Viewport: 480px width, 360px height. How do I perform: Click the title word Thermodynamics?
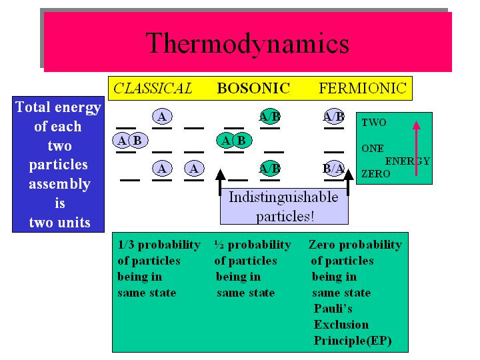pos(247,43)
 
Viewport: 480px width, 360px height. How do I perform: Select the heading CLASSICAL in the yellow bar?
pos(153,88)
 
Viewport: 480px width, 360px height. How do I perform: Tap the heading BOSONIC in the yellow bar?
pos(253,88)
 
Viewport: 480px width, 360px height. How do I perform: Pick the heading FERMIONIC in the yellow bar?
pos(363,88)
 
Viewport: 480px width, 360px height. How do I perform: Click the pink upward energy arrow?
pos(416,149)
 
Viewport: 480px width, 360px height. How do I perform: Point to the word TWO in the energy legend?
pos(374,123)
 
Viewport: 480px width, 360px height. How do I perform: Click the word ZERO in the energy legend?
pos(375,174)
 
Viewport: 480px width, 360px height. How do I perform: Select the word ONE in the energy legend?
pos(373,149)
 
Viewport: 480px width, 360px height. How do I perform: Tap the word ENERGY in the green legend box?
pos(407,161)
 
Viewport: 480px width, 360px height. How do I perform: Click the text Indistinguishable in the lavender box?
pos(283,197)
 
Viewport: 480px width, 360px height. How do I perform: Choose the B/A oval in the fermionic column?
pos(334,169)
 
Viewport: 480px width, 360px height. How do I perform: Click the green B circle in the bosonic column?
pos(242,141)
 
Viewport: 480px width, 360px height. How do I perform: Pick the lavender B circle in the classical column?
pos(138,141)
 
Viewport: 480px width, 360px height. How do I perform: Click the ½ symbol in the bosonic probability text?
pos(219,245)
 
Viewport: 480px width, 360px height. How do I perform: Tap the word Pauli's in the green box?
pos(333,309)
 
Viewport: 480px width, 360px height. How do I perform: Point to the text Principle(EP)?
pos(353,341)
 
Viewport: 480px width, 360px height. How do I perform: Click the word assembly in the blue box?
pos(59,185)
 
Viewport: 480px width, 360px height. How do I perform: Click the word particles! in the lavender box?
pos(285,217)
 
